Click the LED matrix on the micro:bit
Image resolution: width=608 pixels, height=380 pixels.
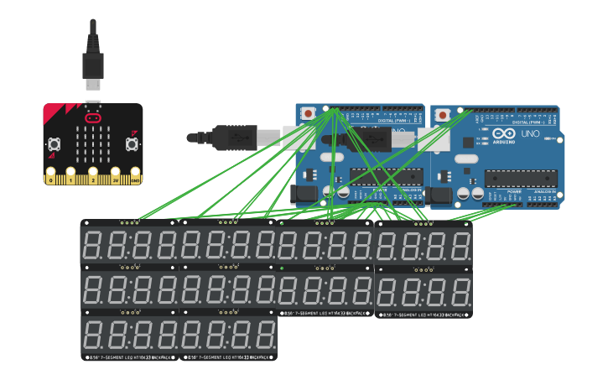click(x=93, y=144)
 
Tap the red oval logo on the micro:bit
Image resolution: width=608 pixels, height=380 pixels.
click(x=93, y=119)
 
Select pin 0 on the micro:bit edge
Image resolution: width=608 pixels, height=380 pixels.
click(x=51, y=179)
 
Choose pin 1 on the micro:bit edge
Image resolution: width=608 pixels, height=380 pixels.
click(x=72, y=179)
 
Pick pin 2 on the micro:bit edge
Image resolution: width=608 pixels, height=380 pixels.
click(x=93, y=179)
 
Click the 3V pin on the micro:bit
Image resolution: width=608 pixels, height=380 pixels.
click(x=115, y=179)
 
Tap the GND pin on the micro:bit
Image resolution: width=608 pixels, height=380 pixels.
click(x=135, y=179)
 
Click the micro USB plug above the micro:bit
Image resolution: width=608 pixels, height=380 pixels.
click(x=92, y=66)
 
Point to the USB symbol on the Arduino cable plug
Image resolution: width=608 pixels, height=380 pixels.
click(x=236, y=136)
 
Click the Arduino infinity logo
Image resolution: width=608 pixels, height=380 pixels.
click(x=503, y=134)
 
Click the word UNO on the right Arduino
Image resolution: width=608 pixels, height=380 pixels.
click(x=530, y=134)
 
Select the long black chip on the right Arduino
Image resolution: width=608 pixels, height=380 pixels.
click(x=521, y=177)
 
